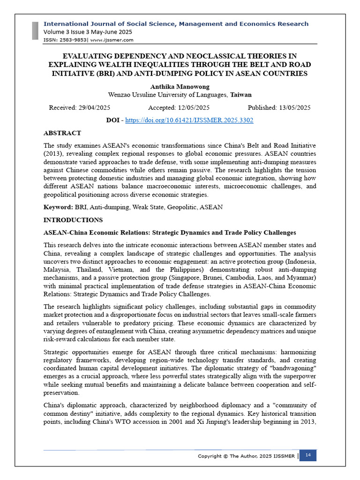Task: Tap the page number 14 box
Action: coord(308,455)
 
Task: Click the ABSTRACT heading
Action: coord(62,133)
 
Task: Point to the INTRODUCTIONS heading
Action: coord(73,220)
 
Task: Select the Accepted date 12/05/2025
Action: coord(179,107)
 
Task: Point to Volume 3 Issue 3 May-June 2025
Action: coord(88,32)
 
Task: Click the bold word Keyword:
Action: coord(58,207)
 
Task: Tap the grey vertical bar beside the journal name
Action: coord(35,31)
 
